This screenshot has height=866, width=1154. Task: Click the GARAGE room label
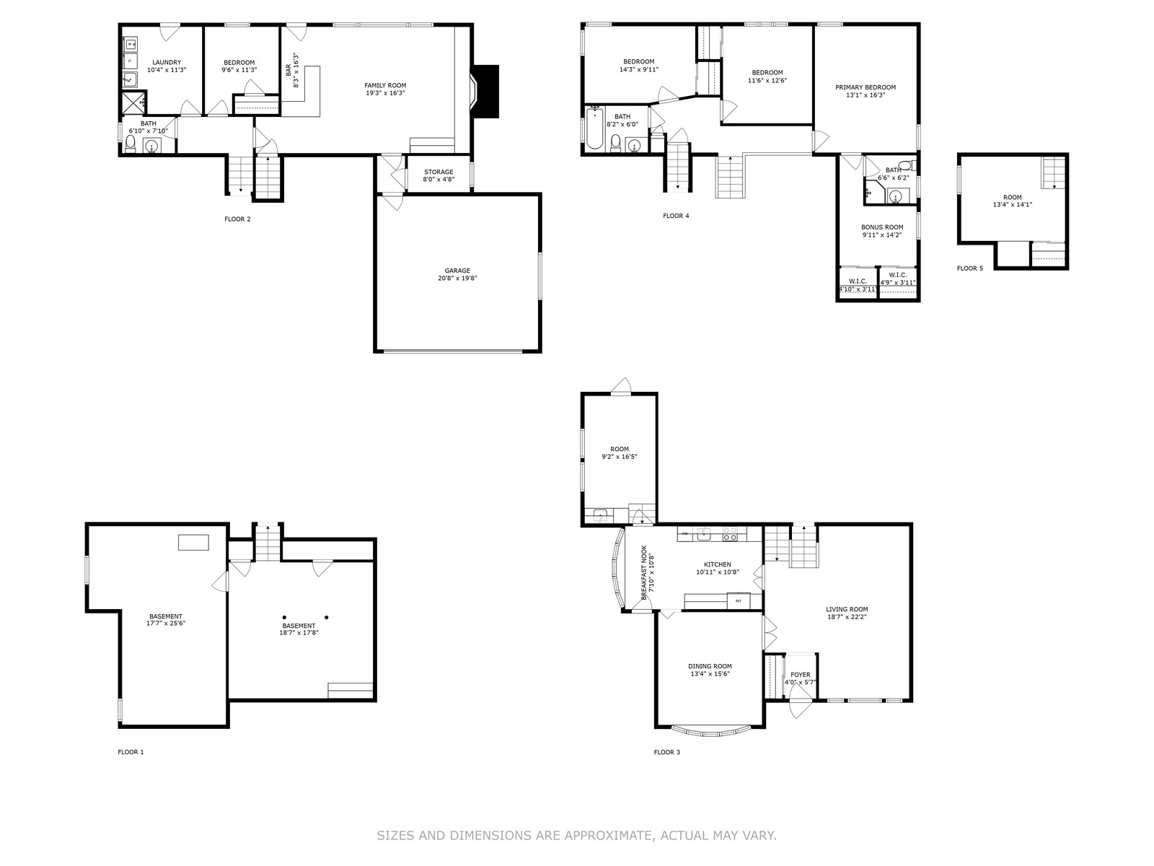(x=457, y=271)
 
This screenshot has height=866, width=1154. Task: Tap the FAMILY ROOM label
(x=385, y=85)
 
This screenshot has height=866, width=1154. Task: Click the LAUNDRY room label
(x=167, y=62)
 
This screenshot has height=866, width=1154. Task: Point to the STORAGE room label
(x=439, y=172)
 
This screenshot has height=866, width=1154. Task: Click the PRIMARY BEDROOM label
(x=865, y=87)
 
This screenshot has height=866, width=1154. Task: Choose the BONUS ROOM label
(x=882, y=227)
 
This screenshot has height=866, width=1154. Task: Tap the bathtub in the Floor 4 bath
(x=594, y=128)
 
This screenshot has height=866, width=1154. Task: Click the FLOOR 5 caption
(x=969, y=268)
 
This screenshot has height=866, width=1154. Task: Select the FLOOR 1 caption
(x=131, y=752)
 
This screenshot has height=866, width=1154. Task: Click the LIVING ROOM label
(x=847, y=609)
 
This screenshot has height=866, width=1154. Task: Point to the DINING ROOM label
(x=710, y=666)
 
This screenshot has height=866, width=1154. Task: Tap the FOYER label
(x=800, y=675)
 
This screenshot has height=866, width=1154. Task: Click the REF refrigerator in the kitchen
(x=738, y=600)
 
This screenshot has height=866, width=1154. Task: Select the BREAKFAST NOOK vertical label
(x=644, y=572)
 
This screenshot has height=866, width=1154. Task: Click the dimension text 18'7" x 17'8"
(x=299, y=633)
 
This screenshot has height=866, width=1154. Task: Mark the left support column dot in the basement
(x=284, y=617)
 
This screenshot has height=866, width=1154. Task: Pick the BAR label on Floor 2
(x=288, y=71)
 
